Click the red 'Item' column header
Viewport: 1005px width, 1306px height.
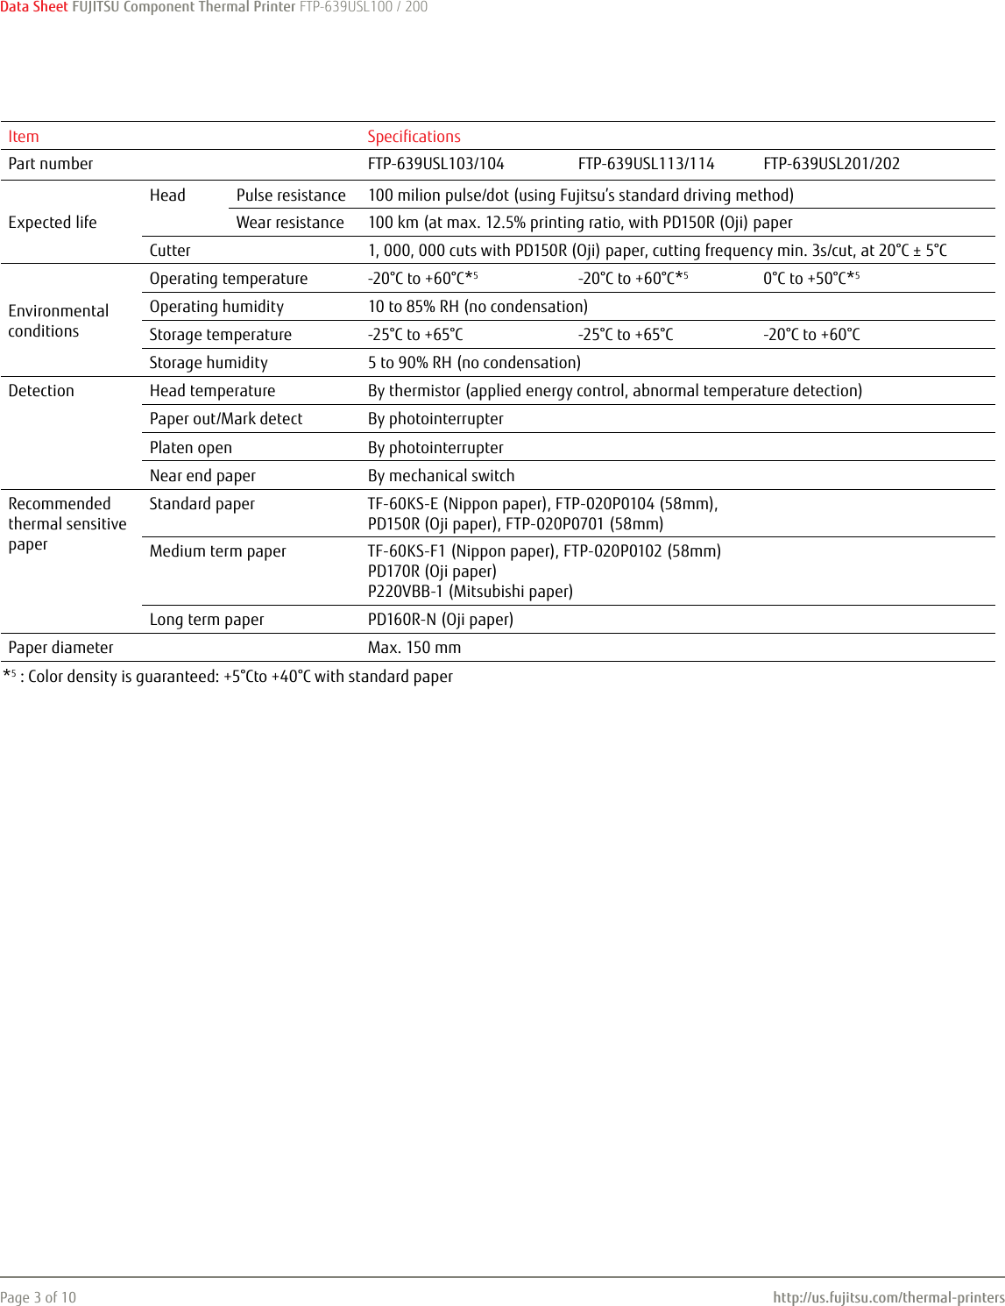click(24, 137)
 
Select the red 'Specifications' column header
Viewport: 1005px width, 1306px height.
click(414, 137)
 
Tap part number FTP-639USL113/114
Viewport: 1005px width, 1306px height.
click(646, 164)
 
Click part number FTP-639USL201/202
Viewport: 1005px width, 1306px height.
click(831, 164)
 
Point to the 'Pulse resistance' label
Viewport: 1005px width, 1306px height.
click(291, 195)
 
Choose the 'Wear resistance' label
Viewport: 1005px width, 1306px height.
click(290, 223)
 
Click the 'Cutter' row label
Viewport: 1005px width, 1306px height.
click(170, 251)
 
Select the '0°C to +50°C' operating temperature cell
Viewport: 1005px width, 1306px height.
click(810, 279)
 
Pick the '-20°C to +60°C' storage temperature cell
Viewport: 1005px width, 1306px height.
click(811, 335)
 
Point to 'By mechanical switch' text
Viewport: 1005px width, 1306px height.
click(441, 476)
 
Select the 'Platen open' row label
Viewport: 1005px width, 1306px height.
click(191, 448)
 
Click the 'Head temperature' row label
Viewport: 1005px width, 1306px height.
click(212, 391)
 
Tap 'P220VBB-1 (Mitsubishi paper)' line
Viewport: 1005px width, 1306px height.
click(470, 592)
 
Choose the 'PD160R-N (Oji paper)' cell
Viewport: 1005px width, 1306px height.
click(440, 620)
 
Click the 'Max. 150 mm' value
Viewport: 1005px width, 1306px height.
click(414, 648)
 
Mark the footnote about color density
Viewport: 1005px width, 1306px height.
click(228, 677)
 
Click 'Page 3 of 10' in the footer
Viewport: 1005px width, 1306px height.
click(39, 1297)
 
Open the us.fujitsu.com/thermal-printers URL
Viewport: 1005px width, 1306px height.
click(888, 1297)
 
